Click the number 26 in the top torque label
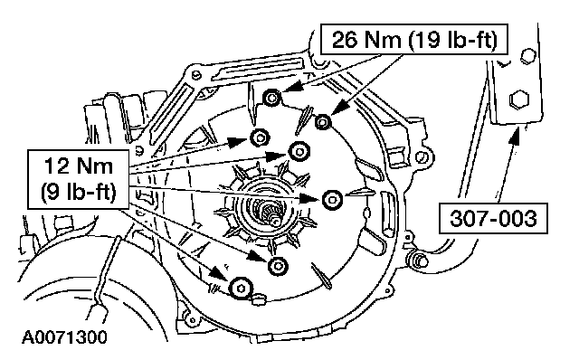(344, 40)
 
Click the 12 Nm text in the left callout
(79, 166)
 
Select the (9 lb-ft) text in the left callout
(79, 191)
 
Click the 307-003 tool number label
(493, 218)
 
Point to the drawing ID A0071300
(64, 337)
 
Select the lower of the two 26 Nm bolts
(323, 121)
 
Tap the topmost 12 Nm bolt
(260, 138)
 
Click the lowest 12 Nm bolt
(241, 288)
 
